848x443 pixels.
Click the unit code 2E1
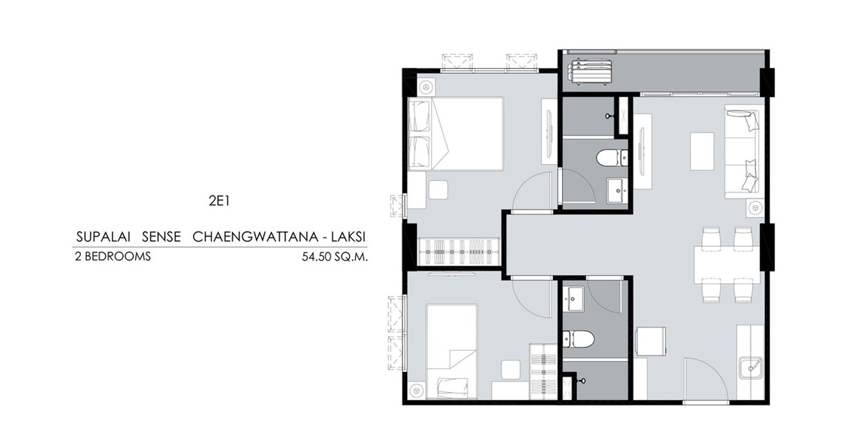tap(219, 201)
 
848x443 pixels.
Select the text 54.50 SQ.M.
tap(335, 257)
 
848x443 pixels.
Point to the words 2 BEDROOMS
tap(113, 257)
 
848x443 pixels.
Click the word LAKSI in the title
tap(348, 237)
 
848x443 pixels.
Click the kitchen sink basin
tap(751, 367)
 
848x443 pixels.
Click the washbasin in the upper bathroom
tap(617, 191)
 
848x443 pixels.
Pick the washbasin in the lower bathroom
tap(573, 299)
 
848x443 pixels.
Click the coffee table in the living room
tap(702, 151)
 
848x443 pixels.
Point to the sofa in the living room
tap(742, 154)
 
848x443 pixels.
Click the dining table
tap(727, 265)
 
